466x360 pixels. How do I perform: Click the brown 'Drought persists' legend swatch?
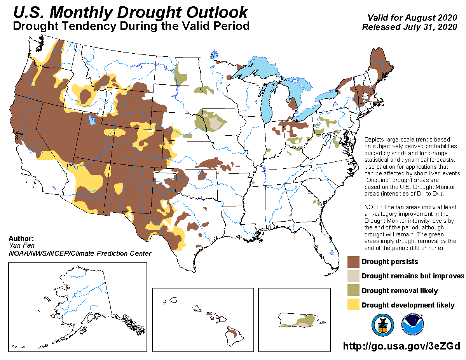(x=353, y=262)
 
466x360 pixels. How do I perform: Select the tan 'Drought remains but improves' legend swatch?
(x=353, y=276)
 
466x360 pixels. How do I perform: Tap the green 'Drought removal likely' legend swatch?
(x=353, y=291)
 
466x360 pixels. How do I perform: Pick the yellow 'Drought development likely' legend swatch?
(x=353, y=305)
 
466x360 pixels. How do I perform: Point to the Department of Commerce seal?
(x=382, y=325)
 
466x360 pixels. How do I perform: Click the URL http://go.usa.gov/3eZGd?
(x=401, y=346)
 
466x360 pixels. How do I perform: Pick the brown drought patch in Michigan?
(x=293, y=104)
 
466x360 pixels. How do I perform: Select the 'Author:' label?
(x=21, y=238)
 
